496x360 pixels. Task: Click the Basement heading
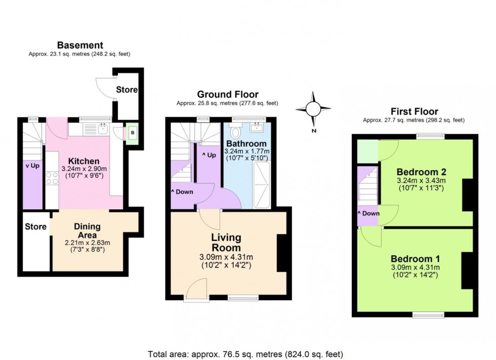pos(80,46)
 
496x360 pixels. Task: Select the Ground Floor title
pos(227,95)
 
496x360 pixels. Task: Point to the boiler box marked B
pos(133,133)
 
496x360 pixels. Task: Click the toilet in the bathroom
pos(235,132)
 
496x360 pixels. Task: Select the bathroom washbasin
pos(258,126)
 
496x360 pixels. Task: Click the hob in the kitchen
pos(52,178)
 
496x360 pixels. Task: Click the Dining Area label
pos(88,231)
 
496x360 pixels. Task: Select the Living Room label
pos(226,243)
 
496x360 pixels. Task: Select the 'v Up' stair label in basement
pos(32,165)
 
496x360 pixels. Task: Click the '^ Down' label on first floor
pos(368,213)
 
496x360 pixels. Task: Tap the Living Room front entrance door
pos(195,292)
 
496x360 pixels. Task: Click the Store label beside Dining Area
pos(35,227)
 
